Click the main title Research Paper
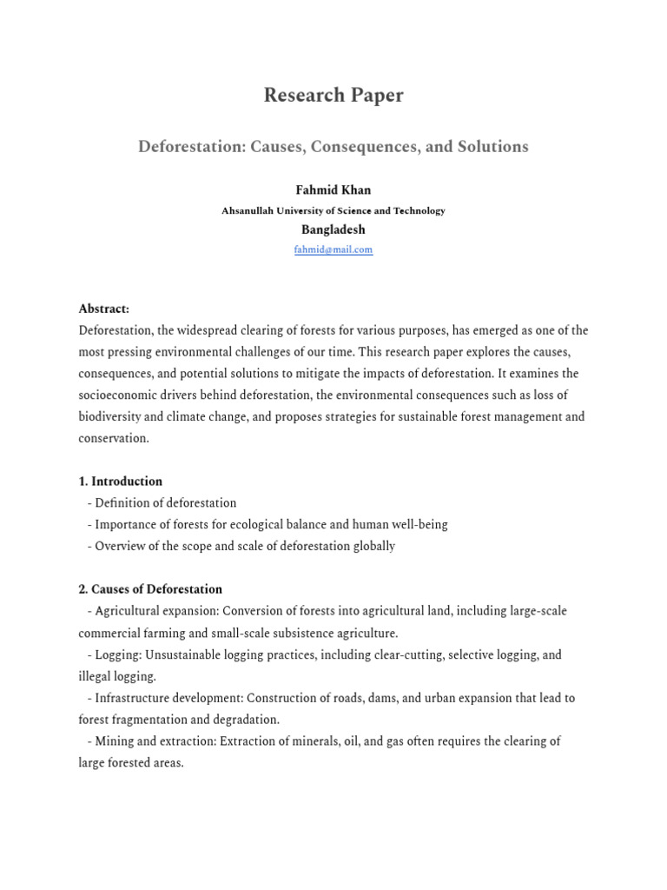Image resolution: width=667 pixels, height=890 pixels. click(333, 96)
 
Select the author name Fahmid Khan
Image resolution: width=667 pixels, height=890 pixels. click(333, 190)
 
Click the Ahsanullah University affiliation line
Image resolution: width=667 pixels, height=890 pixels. click(333, 210)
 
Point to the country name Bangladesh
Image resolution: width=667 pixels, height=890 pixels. click(333, 230)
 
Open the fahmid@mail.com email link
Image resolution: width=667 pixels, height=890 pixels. click(333, 249)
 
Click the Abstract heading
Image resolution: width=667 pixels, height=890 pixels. click(104, 309)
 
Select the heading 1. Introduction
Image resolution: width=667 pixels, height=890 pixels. click(121, 482)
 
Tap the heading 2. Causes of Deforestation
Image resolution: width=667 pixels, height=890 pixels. click(150, 589)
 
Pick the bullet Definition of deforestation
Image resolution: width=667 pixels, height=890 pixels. click(165, 503)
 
